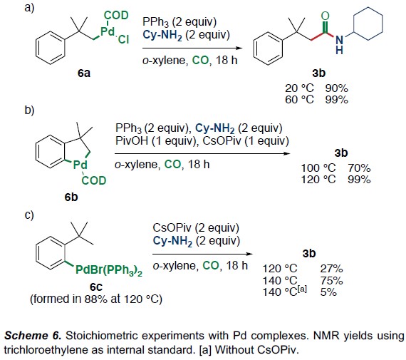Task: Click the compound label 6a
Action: [x=84, y=73]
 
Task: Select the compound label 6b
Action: [x=71, y=197]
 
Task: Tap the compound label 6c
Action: [x=96, y=287]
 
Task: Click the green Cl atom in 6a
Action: [x=123, y=39]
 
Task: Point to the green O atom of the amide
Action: [x=326, y=16]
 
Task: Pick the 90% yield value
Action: [x=336, y=88]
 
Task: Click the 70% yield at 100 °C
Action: [x=359, y=168]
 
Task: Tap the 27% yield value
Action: [x=331, y=269]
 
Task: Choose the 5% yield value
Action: [x=328, y=292]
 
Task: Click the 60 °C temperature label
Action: [x=300, y=100]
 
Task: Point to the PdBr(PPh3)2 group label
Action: [x=109, y=271]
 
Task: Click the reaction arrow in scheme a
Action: [x=192, y=48]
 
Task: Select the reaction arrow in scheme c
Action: [x=202, y=254]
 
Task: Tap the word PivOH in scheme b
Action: [x=132, y=141]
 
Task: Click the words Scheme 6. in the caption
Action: [x=33, y=336]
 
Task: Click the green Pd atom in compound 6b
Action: [x=80, y=165]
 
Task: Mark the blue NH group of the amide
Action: [x=339, y=45]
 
